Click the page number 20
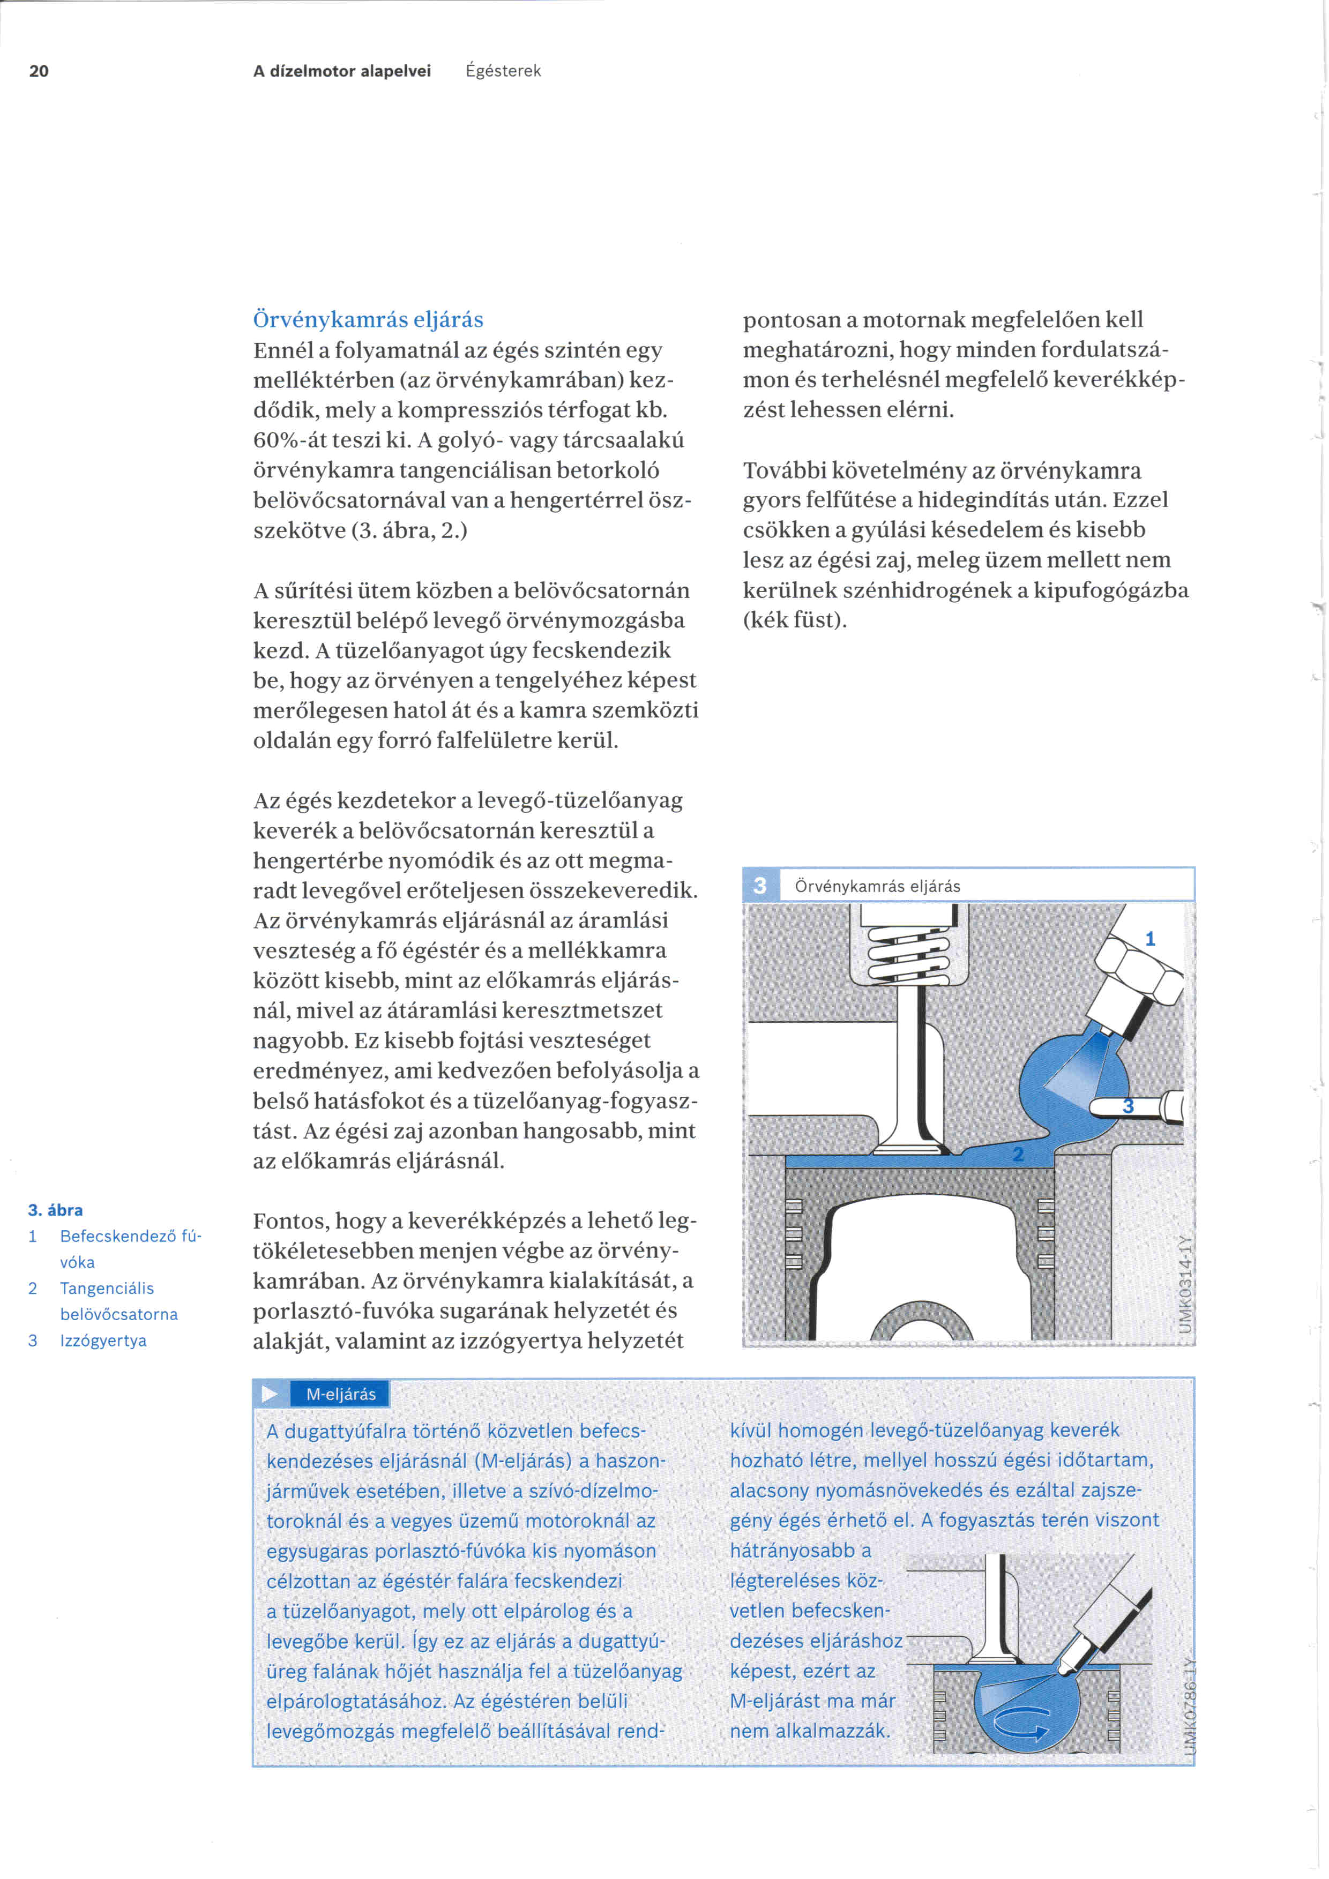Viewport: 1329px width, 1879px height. click(39, 71)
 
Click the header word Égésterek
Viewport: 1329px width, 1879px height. click(503, 71)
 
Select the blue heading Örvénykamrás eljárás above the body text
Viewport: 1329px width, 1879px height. click(368, 319)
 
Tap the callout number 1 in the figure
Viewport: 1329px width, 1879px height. click(1150, 939)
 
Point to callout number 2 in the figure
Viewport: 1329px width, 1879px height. click(1018, 1155)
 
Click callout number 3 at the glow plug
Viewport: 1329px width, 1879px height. click(1128, 1106)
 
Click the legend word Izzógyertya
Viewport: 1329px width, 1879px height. click(103, 1341)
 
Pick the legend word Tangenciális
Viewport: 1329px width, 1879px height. click(107, 1288)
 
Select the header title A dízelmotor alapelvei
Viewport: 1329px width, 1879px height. click(342, 71)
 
